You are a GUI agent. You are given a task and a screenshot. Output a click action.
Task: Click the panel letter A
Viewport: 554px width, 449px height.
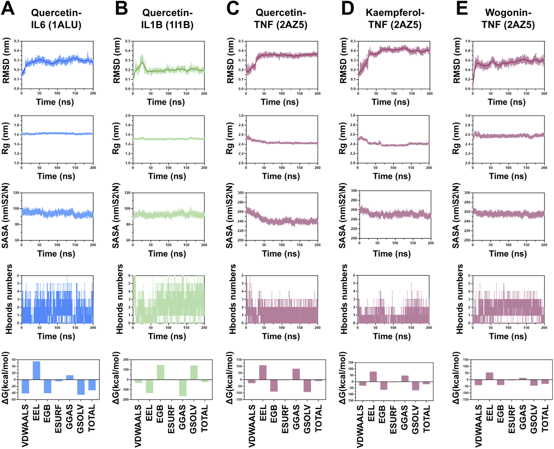8,8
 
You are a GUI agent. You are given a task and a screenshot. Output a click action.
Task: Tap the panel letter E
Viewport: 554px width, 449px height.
462,8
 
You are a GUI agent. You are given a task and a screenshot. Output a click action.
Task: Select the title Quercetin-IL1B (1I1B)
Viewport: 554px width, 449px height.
167,19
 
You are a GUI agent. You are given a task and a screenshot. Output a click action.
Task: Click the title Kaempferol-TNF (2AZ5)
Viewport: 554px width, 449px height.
395,19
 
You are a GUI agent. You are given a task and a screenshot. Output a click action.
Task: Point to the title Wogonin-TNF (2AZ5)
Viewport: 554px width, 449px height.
508,19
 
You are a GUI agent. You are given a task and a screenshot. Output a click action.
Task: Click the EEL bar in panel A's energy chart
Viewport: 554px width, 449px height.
36,371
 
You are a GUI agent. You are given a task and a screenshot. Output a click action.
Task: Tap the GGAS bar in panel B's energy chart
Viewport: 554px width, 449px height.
183,388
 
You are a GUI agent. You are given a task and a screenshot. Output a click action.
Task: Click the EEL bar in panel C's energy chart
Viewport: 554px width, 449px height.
263,372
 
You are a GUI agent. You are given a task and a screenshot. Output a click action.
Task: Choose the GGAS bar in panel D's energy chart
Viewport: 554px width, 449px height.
405,378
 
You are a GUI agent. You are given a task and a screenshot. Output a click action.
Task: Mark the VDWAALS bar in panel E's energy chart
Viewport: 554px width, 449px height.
478,382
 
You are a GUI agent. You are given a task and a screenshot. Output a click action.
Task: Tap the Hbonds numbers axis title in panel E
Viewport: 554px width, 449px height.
459,299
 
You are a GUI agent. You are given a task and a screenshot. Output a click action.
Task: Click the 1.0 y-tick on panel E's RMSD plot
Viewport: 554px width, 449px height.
468,41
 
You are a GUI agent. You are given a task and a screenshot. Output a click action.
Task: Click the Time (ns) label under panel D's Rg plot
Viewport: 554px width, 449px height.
392,176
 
